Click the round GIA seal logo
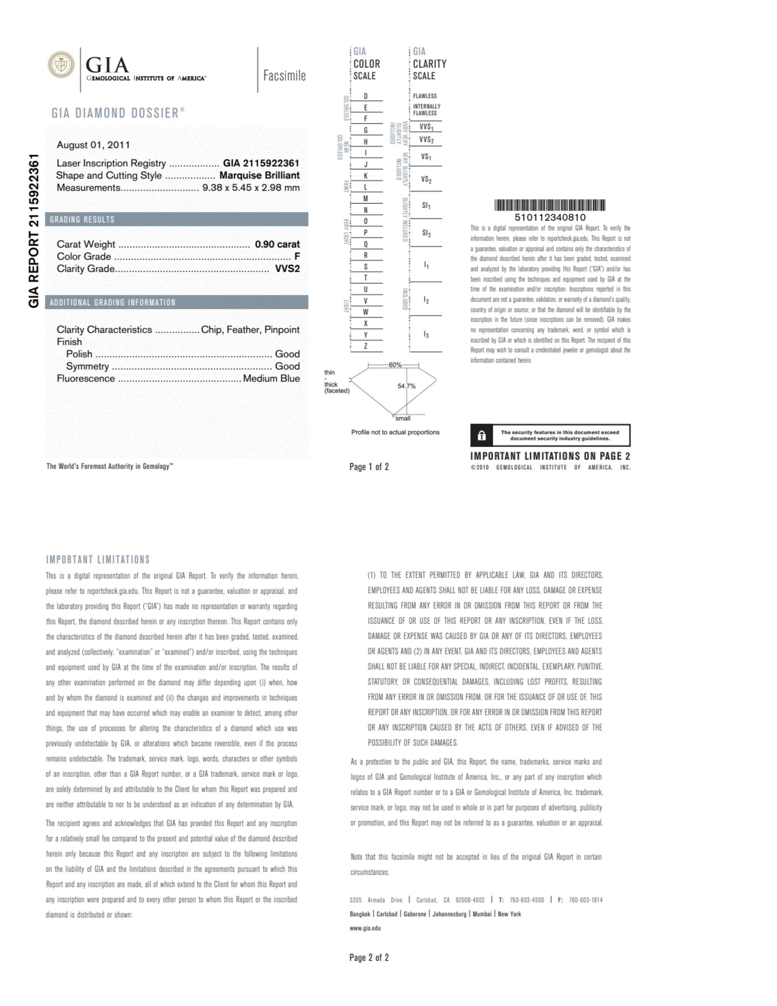[x=61, y=65]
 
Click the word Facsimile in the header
[x=284, y=75]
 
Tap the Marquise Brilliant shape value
[x=259, y=176]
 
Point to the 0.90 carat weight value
[x=277, y=244]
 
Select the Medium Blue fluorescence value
[x=271, y=379]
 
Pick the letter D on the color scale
[x=366, y=96]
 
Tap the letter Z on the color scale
[x=366, y=346]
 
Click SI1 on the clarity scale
[x=426, y=205]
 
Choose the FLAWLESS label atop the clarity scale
[x=425, y=96]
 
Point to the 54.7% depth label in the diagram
[x=406, y=386]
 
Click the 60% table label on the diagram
[x=395, y=365]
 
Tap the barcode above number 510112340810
[x=550, y=205]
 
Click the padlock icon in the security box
[x=481, y=435]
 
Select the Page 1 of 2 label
[x=369, y=467]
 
